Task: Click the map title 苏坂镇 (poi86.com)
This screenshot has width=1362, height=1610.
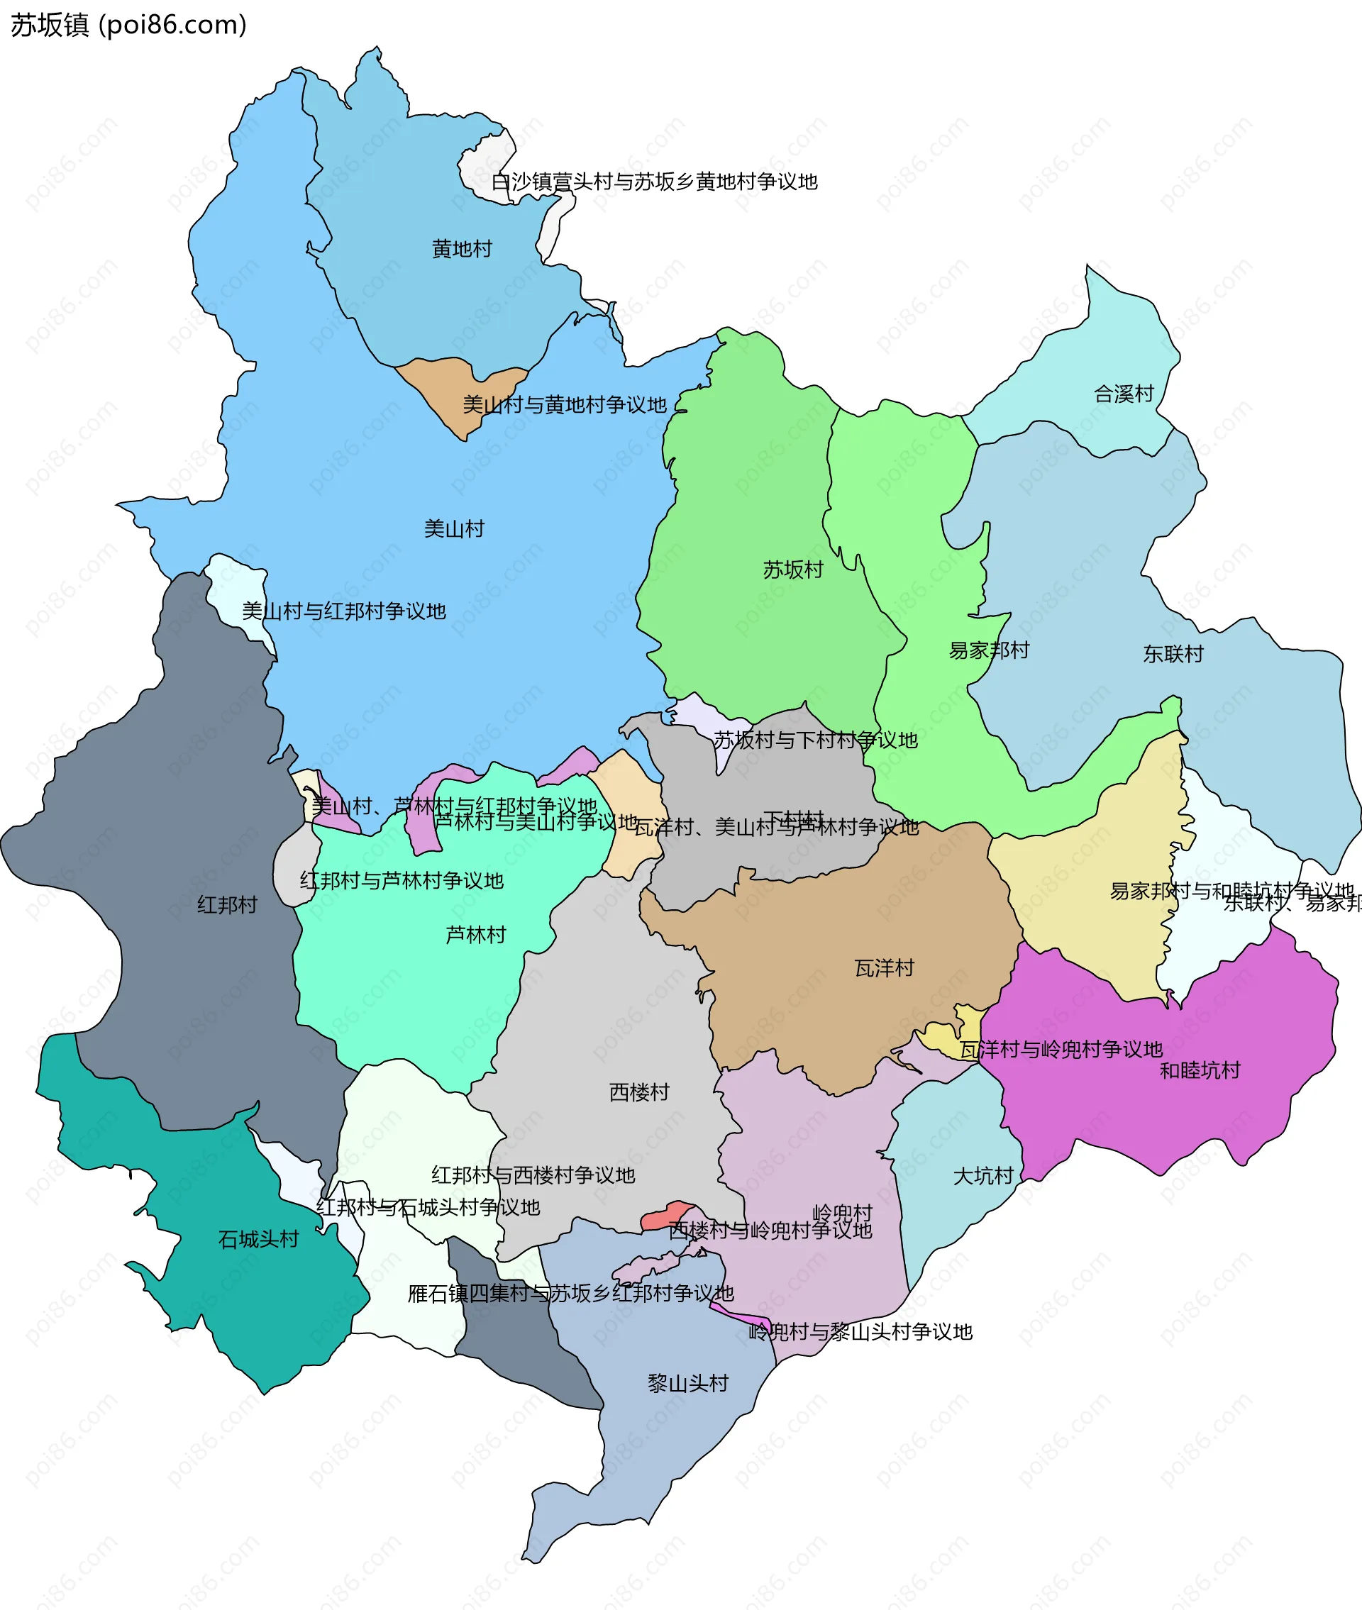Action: [x=128, y=25]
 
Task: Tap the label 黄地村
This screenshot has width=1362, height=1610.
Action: [x=462, y=249]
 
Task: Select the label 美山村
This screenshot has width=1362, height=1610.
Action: [x=454, y=528]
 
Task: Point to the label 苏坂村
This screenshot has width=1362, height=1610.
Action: [x=793, y=570]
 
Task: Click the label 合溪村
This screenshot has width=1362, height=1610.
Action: [x=1124, y=394]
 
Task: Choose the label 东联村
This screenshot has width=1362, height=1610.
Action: [x=1173, y=654]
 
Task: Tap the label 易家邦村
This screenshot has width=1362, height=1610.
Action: [x=988, y=650]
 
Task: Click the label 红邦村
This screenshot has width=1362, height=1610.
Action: [x=226, y=904]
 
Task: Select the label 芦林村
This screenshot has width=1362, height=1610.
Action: [x=475, y=935]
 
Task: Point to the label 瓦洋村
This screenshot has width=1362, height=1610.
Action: [x=884, y=968]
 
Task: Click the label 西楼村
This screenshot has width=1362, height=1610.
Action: [x=638, y=1092]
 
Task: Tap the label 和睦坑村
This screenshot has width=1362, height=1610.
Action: [x=1200, y=1070]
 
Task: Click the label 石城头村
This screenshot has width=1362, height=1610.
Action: [x=258, y=1240]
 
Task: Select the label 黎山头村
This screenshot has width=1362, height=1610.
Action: [x=688, y=1383]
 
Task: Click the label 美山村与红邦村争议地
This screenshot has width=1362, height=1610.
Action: [x=343, y=611]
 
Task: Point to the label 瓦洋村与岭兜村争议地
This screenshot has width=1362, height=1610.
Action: [x=1061, y=1050]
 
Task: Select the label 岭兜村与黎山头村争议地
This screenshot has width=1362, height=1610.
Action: [x=860, y=1331]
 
